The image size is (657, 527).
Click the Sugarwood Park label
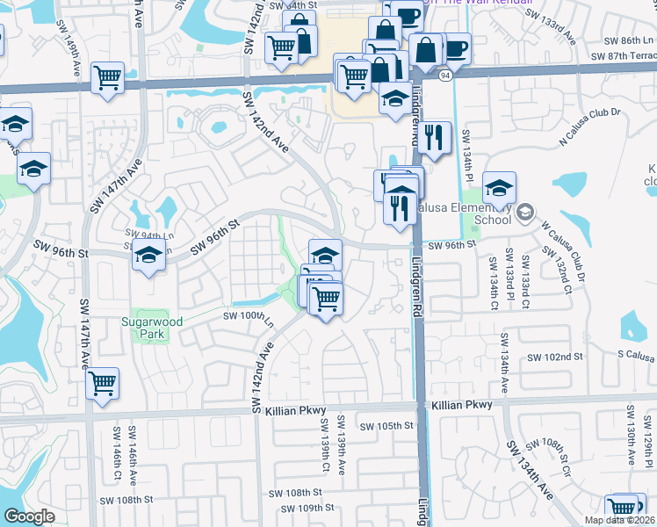coord(151,328)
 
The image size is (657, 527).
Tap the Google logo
coord(28,516)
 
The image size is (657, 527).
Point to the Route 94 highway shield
coord(446,76)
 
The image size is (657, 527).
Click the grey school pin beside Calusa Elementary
coord(525,211)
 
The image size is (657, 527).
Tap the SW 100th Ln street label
coord(249,316)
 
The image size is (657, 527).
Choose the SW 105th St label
coord(387,426)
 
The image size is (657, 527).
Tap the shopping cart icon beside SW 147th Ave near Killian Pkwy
coord(103,383)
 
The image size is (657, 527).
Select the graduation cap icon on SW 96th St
coord(148,256)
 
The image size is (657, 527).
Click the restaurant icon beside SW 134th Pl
coord(434,137)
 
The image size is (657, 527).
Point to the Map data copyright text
coord(619,520)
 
